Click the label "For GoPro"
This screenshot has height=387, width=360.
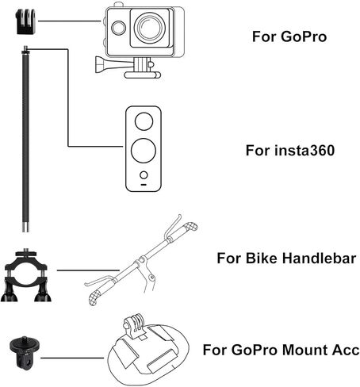click(x=289, y=36)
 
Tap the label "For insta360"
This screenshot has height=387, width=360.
click(x=290, y=150)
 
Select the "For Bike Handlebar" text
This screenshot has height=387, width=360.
click(x=286, y=258)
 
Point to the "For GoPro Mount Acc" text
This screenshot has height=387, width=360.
click(x=281, y=350)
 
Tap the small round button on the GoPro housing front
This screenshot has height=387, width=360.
click(x=118, y=28)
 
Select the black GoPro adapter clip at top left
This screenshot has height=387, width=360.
click(x=25, y=21)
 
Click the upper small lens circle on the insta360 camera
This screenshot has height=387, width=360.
click(x=144, y=121)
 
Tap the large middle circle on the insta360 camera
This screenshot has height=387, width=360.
click(x=144, y=151)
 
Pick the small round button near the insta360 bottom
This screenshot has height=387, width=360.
click(x=144, y=175)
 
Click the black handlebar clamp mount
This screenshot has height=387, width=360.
click(x=25, y=275)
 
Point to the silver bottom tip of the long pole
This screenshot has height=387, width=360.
click(x=25, y=227)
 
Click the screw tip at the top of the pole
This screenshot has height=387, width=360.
click(x=25, y=49)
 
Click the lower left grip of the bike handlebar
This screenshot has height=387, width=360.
click(x=96, y=297)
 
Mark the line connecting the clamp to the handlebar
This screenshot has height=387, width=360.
click(x=88, y=270)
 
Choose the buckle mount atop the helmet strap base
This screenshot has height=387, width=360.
click(x=134, y=325)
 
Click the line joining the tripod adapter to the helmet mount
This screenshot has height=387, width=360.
click(x=72, y=358)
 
